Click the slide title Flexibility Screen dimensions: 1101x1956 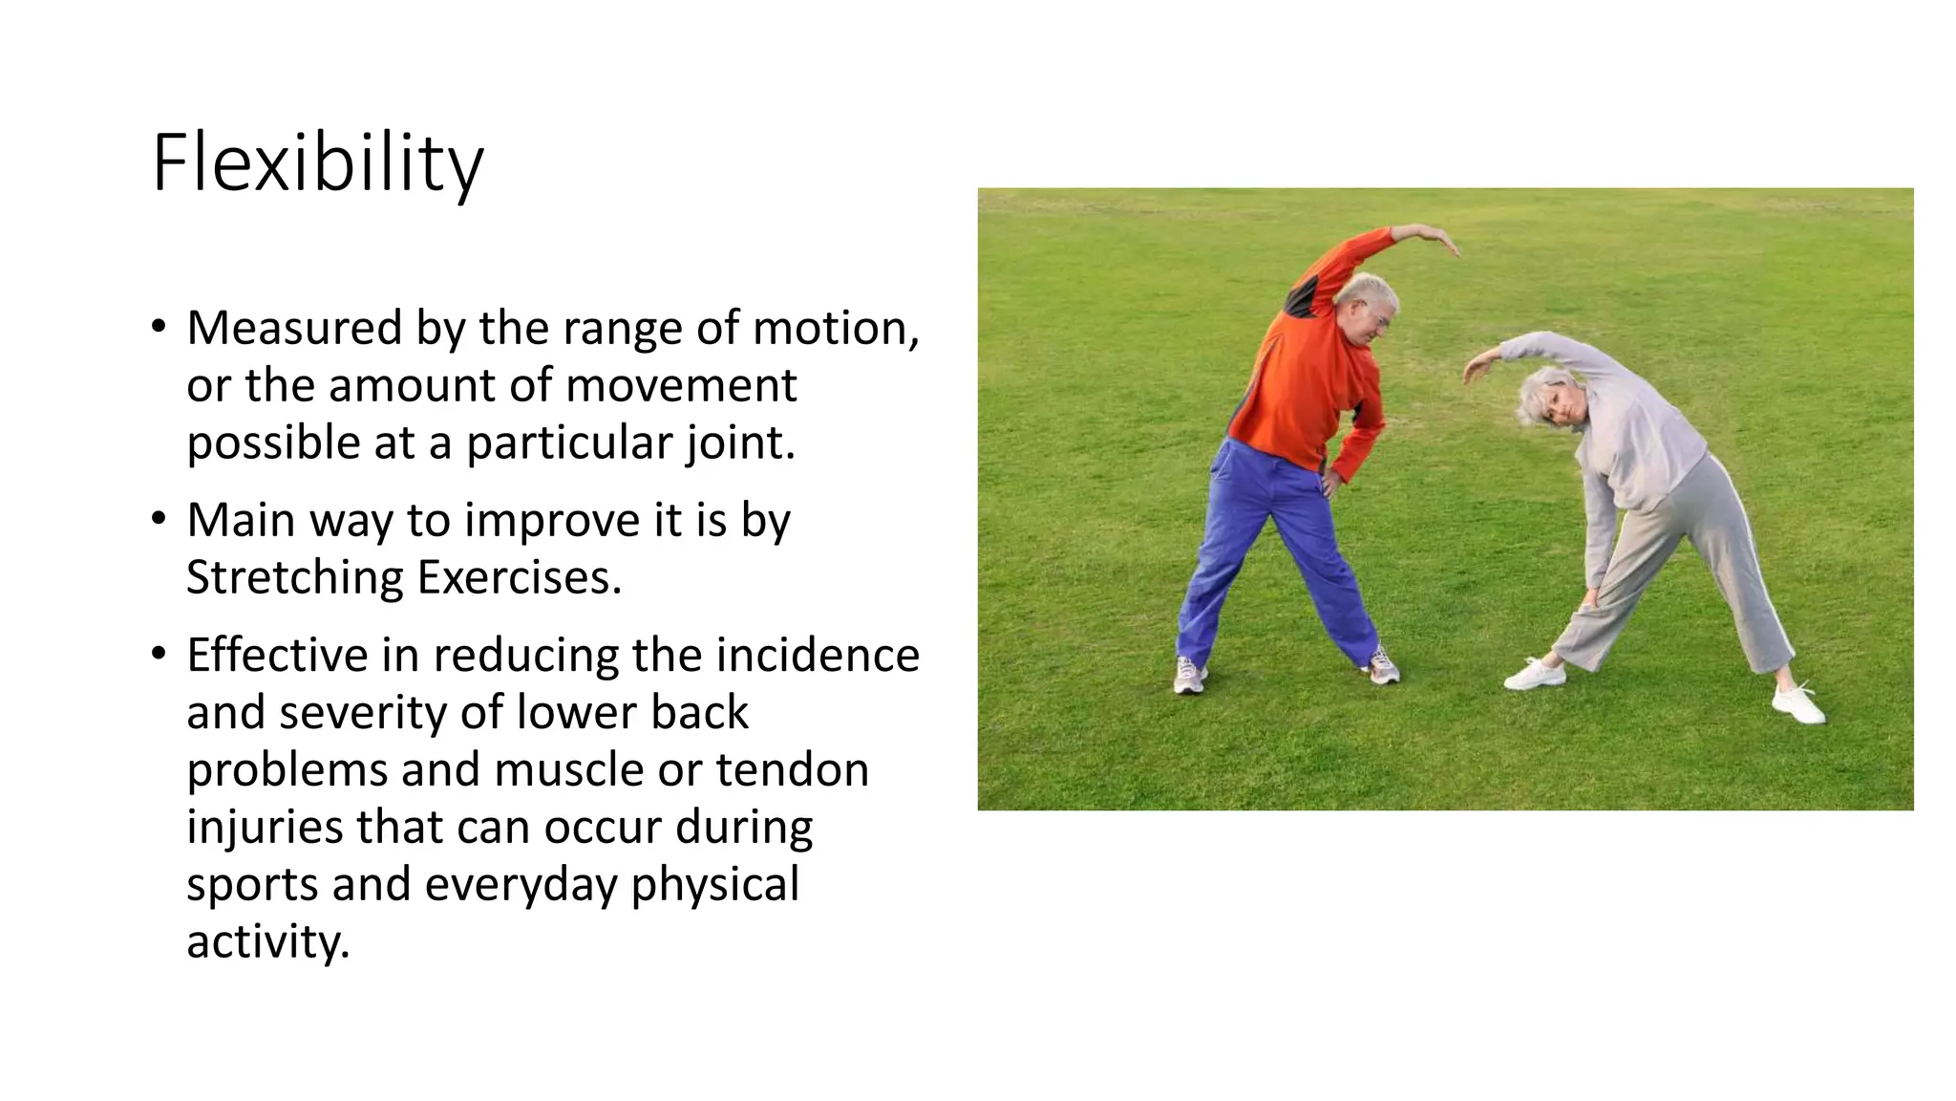317,164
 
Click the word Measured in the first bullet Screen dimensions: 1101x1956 294,329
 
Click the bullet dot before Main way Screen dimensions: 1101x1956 159,520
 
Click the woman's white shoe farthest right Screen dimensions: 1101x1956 1798,704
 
